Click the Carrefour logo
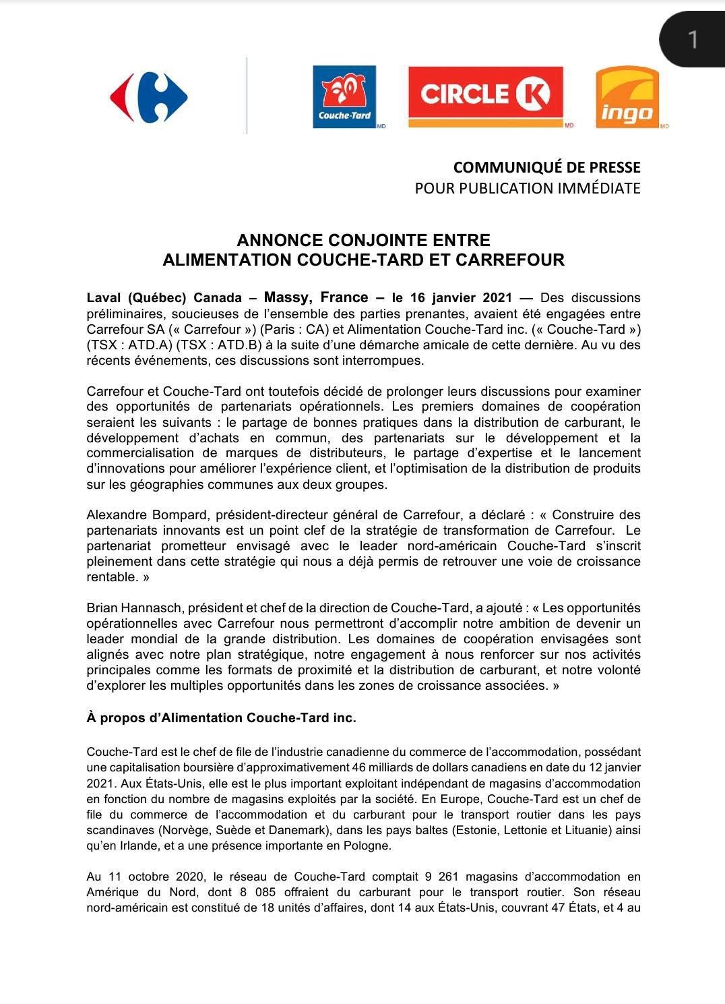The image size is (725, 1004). (x=149, y=98)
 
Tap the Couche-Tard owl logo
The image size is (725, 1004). (x=344, y=96)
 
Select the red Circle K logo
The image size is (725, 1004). (x=485, y=95)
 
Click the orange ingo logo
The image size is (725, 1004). (x=627, y=97)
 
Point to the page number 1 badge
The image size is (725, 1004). (x=692, y=39)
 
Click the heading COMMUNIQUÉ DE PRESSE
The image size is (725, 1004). (x=546, y=167)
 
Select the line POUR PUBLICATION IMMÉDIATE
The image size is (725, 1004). (x=528, y=188)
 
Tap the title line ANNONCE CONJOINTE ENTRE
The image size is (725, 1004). (x=363, y=240)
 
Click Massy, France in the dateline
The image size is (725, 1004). (x=316, y=297)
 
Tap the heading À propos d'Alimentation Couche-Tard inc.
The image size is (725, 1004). (x=221, y=717)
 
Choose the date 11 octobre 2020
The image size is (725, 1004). (x=150, y=877)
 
